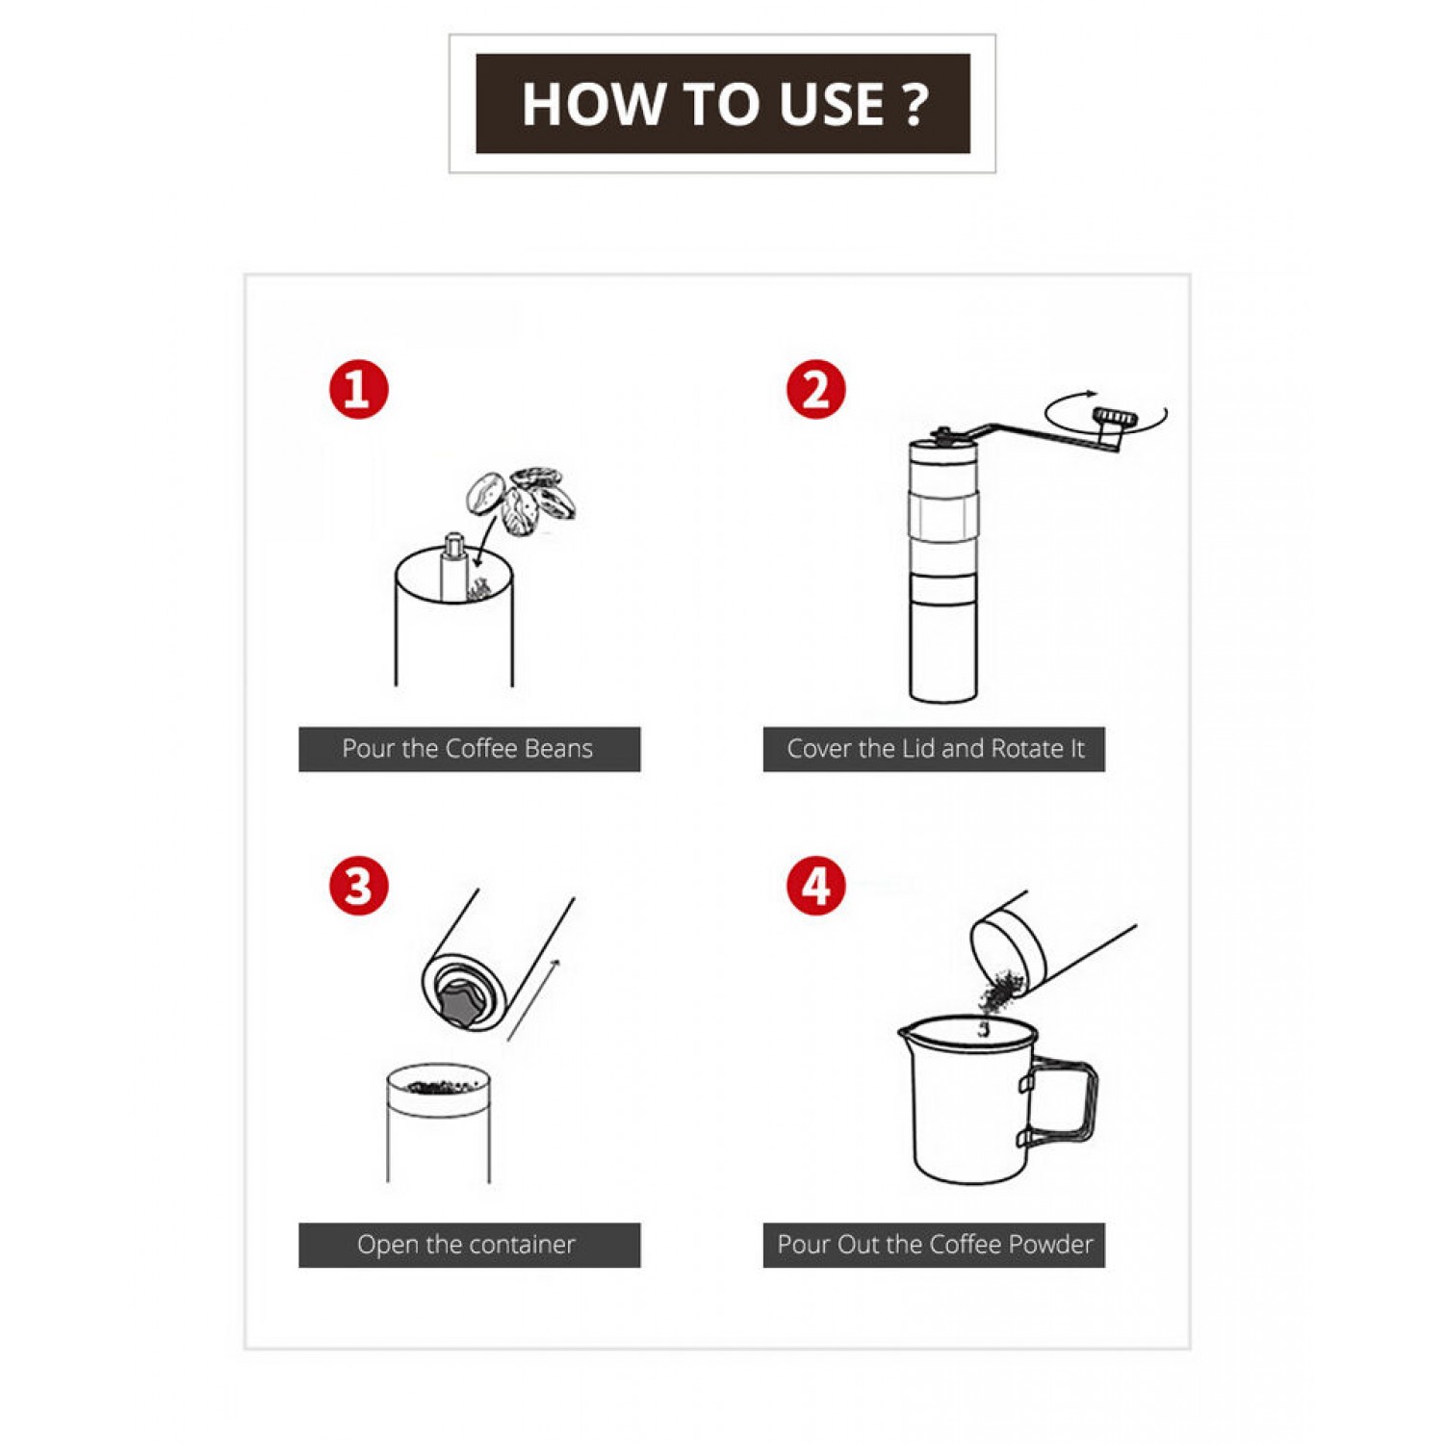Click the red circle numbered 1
pos(358,390)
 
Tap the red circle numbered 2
pos(815,390)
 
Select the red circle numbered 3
pos(358,886)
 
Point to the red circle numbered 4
pos(815,886)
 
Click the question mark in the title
pos(915,104)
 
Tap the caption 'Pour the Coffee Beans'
pos(468,749)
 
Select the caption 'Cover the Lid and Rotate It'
pos(936,749)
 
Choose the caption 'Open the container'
pos(466,1245)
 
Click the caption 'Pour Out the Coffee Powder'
pos(936,1245)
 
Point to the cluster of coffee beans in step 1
pos(521,502)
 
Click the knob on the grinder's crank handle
pos(1114,417)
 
